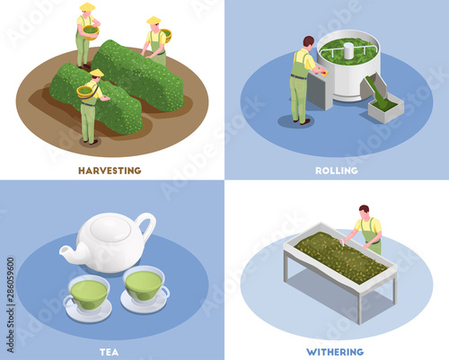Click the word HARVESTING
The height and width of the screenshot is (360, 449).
coord(110,171)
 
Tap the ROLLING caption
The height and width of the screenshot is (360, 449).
coord(337,171)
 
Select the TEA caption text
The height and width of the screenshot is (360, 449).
coord(109,352)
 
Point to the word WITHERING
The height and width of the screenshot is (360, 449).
coord(335,352)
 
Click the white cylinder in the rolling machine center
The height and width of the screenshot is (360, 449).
coord(348,51)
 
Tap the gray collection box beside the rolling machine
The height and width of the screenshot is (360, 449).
coord(386,108)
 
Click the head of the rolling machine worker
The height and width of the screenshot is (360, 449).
coord(308,42)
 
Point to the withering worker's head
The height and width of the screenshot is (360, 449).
coord(364,211)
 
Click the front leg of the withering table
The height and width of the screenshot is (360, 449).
coord(360,308)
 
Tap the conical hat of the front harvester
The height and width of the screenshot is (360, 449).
coord(97,73)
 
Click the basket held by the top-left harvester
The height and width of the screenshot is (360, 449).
coord(91,32)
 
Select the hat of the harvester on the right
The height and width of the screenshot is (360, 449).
coord(154,21)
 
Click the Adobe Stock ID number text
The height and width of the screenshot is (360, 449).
coord(11,304)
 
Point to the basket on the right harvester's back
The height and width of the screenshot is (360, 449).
coord(166,36)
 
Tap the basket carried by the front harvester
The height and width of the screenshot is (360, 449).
coord(84,92)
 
